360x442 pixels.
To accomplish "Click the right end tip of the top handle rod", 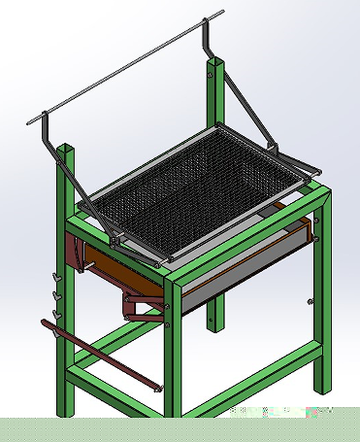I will (x=222, y=13).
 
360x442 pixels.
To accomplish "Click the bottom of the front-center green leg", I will (x=175, y=408).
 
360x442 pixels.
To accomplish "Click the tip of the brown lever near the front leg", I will (x=155, y=388).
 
